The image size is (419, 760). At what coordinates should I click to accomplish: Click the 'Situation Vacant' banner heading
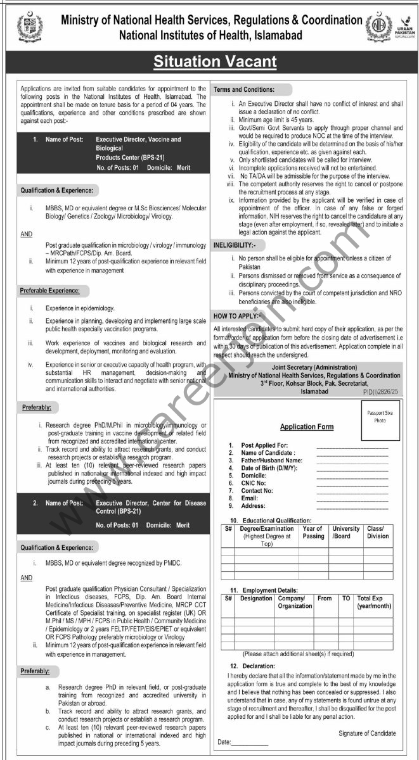pos(216,61)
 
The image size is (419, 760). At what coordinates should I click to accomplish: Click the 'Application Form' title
pos(307,427)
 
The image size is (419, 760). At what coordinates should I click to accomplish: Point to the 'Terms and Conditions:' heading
pos(244,89)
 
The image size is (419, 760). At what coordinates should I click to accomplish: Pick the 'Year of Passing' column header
pos(313,532)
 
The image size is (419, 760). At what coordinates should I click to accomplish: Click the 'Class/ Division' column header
pos(378,532)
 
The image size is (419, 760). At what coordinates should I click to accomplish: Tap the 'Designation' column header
pos(256,598)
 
